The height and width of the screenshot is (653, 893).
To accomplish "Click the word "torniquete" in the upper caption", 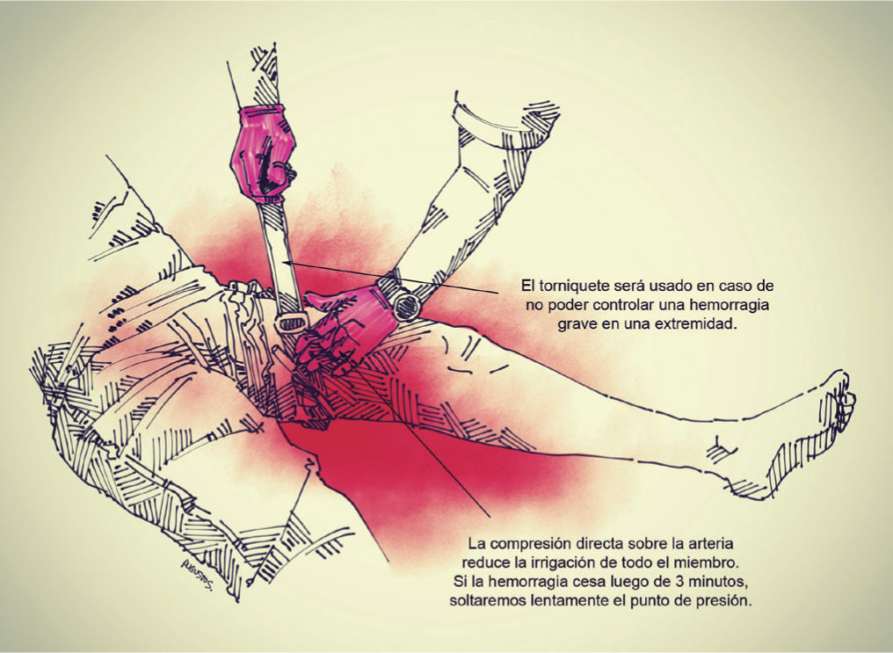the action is tap(573, 285).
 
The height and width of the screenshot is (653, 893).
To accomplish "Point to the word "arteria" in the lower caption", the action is tap(709, 543).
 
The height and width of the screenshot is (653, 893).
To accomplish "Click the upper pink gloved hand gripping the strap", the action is tap(262, 153).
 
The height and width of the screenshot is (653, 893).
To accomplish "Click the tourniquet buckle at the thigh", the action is tap(292, 323).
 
